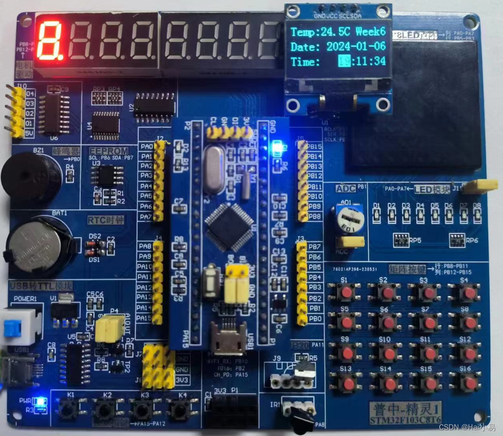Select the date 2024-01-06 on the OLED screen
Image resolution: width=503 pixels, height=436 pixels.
click(356, 46)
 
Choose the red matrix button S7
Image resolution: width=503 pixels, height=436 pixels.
click(429, 322)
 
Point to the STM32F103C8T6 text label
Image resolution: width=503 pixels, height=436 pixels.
click(405, 419)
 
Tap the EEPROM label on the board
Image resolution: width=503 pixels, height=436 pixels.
click(108, 151)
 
